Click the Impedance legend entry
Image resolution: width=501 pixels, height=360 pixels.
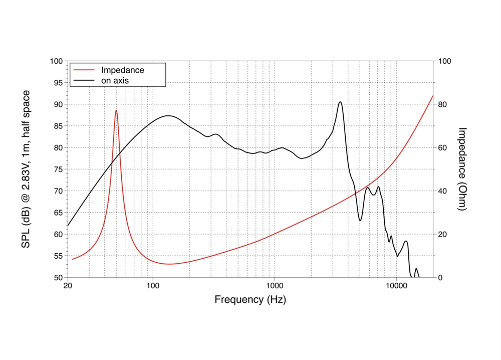122,70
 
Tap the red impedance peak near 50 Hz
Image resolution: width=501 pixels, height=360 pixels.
116,110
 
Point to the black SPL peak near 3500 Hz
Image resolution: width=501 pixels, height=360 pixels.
340,102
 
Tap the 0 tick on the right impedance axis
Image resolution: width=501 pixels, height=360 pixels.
440,277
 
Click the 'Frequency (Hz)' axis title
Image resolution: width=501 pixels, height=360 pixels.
250,300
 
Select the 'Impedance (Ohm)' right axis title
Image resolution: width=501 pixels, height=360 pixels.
463,169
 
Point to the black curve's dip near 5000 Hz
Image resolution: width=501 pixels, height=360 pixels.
360,220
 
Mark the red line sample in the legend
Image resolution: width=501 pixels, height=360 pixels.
84,70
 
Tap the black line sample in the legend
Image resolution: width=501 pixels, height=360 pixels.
84,80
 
